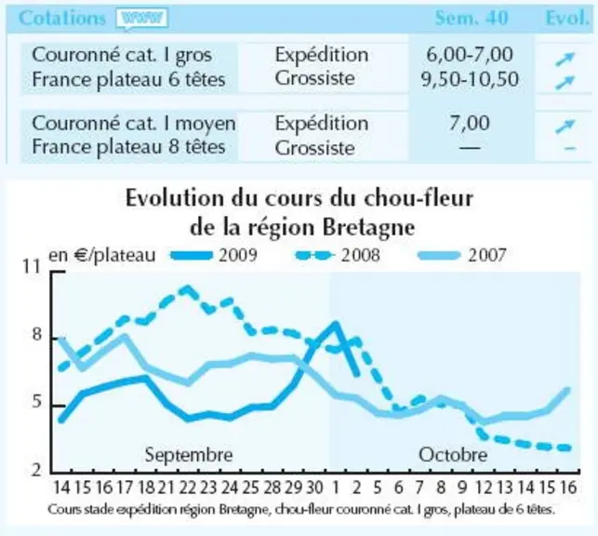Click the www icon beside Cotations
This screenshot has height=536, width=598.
(x=142, y=18)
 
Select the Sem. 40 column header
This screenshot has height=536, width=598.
(x=472, y=18)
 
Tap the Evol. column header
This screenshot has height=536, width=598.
(x=567, y=18)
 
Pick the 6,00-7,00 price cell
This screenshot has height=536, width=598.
(x=470, y=54)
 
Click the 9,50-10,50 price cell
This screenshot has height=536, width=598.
(x=470, y=79)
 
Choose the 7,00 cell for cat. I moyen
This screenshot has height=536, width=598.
(x=470, y=123)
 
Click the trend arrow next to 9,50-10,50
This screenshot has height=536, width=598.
(x=565, y=82)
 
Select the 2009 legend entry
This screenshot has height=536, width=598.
(x=214, y=255)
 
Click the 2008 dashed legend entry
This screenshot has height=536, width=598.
(x=338, y=255)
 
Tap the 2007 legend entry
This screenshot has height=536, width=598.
(x=462, y=255)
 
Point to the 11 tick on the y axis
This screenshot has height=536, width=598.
(x=32, y=266)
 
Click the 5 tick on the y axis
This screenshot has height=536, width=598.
(x=36, y=401)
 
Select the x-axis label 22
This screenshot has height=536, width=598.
(x=187, y=488)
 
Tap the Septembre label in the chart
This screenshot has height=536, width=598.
(x=189, y=455)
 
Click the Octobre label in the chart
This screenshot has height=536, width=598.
(x=453, y=455)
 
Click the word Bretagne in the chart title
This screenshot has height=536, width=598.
(x=368, y=228)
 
